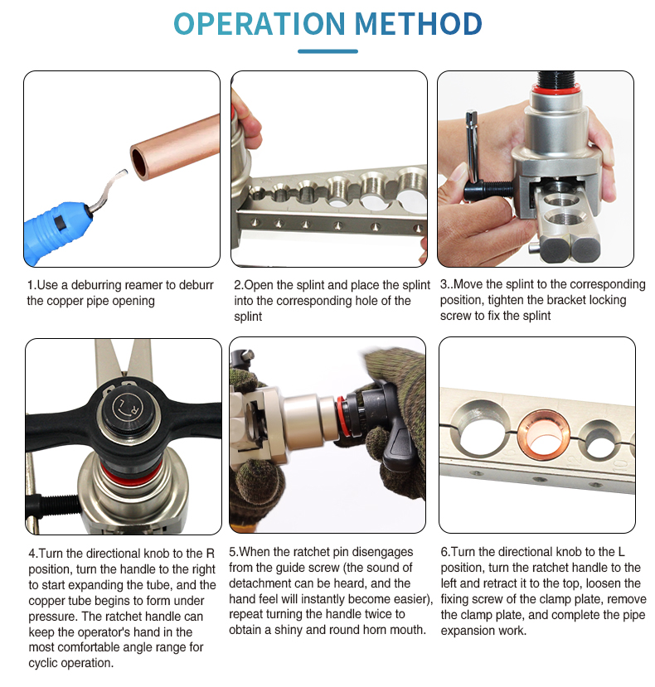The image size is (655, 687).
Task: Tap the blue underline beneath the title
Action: pyautogui.click(x=327, y=51)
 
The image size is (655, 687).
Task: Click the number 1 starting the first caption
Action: pyautogui.click(x=31, y=285)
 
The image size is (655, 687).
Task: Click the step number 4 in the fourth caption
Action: pyautogui.click(x=31, y=553)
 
